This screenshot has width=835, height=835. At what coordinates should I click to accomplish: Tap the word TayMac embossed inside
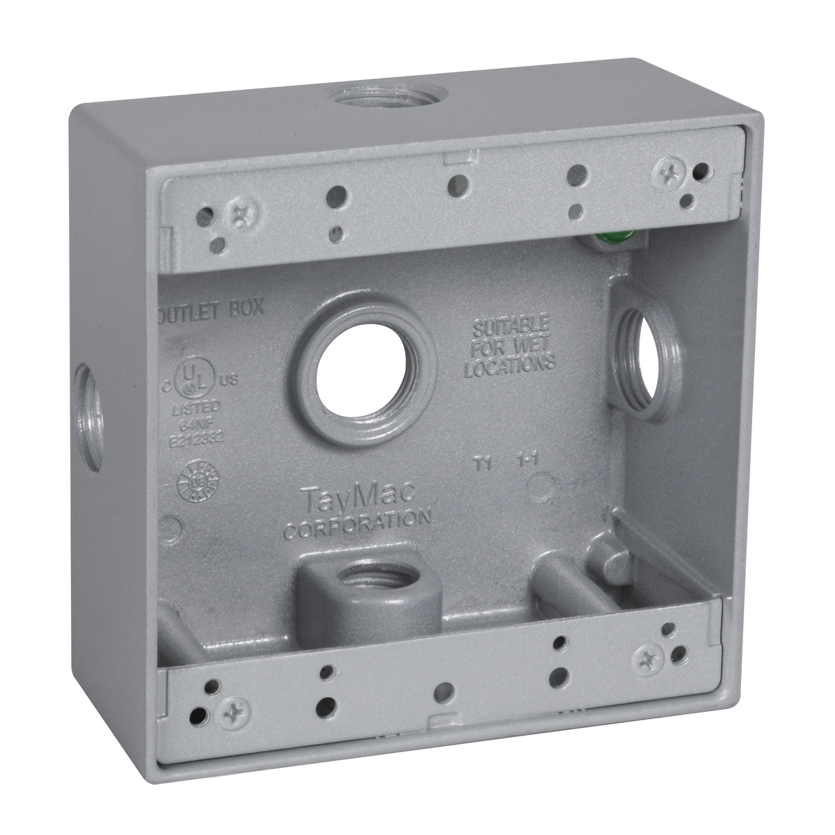[x=358, y=499]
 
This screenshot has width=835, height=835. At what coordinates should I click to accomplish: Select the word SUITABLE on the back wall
[x=511, y=325]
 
